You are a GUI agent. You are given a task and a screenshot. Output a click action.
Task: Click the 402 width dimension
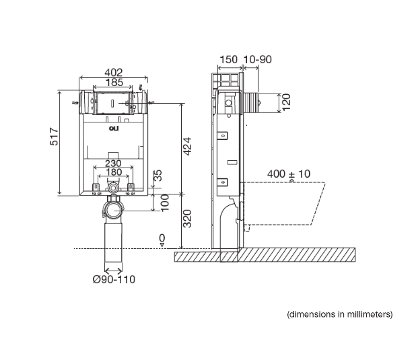click(114, 73)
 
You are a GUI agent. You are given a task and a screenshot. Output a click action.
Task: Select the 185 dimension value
click(114, 83)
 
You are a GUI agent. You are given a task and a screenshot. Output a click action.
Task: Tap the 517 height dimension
click(54, 137)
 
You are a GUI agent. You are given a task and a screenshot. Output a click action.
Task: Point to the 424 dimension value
click(187, 146)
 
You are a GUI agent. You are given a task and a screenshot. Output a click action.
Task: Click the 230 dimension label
click(113, 163)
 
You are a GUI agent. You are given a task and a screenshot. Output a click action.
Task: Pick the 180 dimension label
click(114, 172)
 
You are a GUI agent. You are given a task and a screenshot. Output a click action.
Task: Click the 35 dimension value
click(158, 176)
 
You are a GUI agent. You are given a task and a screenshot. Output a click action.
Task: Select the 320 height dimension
click(187, 219)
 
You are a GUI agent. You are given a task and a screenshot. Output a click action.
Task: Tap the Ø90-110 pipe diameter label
click(114, 279)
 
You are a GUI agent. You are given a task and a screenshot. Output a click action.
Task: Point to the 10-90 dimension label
click(257, 59)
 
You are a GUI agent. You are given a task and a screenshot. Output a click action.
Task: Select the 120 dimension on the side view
click(287, 102)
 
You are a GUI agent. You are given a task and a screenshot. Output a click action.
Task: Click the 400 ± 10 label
click(289, 174)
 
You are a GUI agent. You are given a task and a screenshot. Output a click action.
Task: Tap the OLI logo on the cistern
click(114, 129)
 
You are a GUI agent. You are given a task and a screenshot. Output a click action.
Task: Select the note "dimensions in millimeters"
click(340, 314)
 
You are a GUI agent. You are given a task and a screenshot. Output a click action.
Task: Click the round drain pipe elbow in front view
click(113, 209)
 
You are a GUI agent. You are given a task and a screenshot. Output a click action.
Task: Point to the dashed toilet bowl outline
click(283, 203)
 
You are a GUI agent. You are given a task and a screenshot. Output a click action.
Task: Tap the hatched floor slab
click(265, 255)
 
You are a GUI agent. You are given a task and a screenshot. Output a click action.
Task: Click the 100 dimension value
click(165, 203)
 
